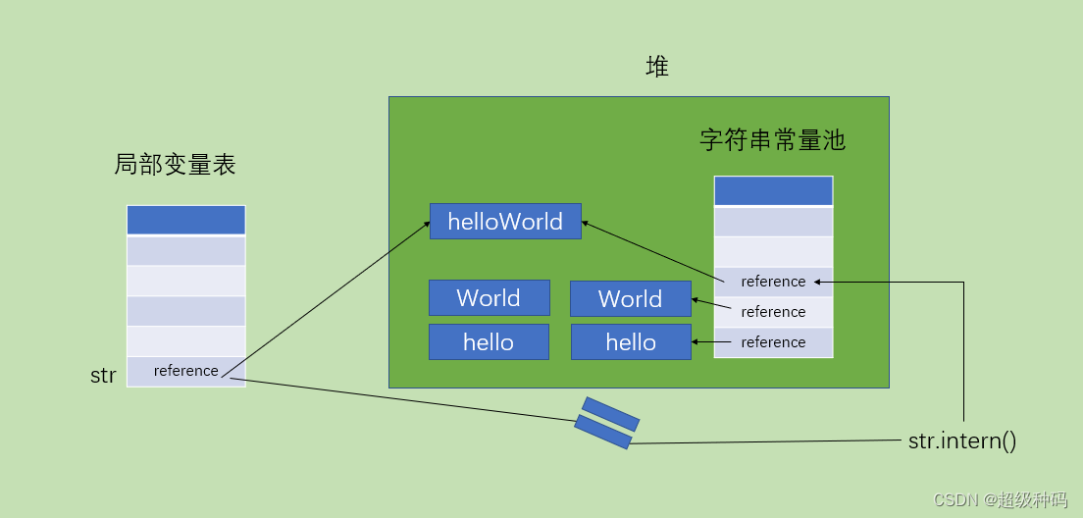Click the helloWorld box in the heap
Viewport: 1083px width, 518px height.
pos(505,221)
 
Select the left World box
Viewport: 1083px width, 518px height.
pos(489,297)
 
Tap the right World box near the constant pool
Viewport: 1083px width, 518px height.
pos(630,298)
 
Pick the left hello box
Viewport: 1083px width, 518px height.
pos(489,341)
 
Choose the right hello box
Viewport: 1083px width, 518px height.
pos(631,341)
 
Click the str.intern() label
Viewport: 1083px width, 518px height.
pos(962,440)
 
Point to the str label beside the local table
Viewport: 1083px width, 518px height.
pos(103,376)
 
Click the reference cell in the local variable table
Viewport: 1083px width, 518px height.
pos(186,371)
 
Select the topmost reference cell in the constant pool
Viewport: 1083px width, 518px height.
pos(773,282)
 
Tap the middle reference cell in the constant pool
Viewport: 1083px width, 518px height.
pos(773,312)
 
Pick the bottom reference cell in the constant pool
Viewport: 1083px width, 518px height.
pos(773,342)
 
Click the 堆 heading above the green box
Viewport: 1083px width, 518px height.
pos(657,67)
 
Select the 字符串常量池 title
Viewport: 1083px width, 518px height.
pos(772,140)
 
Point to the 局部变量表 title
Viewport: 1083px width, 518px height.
pos(175,165)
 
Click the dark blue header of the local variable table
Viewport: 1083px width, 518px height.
pos(185,220)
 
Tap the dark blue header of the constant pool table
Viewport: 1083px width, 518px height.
pos(773,190)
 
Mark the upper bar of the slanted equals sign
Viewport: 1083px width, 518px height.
pos(610,413)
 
